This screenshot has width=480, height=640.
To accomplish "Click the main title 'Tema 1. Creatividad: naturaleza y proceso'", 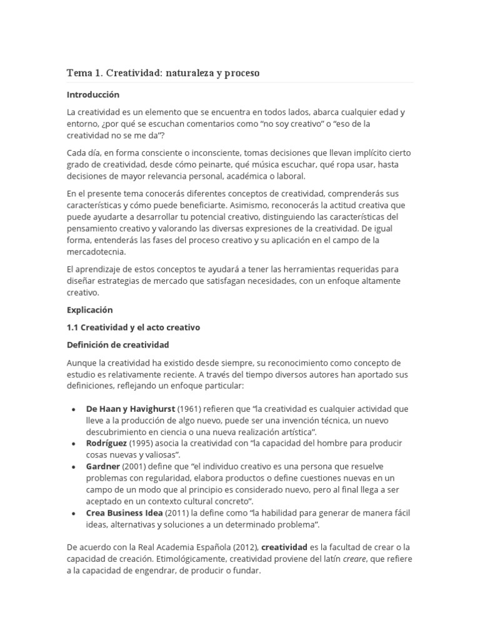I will [x=162, y=73].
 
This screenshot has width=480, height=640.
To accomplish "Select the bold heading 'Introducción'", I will [x=92, y=95].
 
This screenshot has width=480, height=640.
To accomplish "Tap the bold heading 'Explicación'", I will [x=89, y=309].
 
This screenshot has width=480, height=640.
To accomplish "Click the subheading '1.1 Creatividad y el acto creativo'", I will [x=133, y=327].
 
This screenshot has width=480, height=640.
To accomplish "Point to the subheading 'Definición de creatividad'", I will [x=117, y=344].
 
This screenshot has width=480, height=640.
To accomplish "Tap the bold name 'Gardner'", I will [x=103, y=466].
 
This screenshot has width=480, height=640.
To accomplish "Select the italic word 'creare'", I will [x=355, y=559].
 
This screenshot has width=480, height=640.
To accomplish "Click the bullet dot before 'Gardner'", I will [x=73, y=467].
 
